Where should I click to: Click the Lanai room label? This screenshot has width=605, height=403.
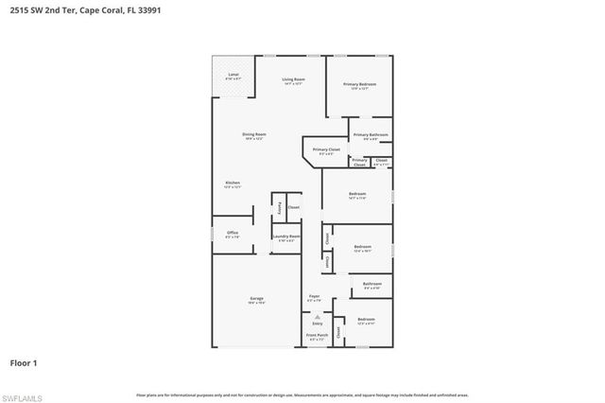point(233,75)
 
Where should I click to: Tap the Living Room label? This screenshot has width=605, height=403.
point(294,79)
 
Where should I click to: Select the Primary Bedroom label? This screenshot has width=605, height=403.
point(358,84)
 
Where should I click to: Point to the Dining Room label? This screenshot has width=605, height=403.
point(254,134)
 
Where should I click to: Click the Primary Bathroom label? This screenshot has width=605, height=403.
point(372,135)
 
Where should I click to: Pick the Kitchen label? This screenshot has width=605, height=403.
point(232,183)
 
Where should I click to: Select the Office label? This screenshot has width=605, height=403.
point(233,232)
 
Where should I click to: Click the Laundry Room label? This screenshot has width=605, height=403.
point(287,237)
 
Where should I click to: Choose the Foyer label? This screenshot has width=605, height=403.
point(315,296)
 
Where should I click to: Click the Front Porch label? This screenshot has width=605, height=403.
point(317,335)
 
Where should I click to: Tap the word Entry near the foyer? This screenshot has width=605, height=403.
point(318,324)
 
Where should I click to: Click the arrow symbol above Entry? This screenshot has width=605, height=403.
point(318,316)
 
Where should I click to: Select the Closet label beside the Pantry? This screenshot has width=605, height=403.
point(294,206)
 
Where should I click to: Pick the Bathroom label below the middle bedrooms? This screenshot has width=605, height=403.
point(372,283)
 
